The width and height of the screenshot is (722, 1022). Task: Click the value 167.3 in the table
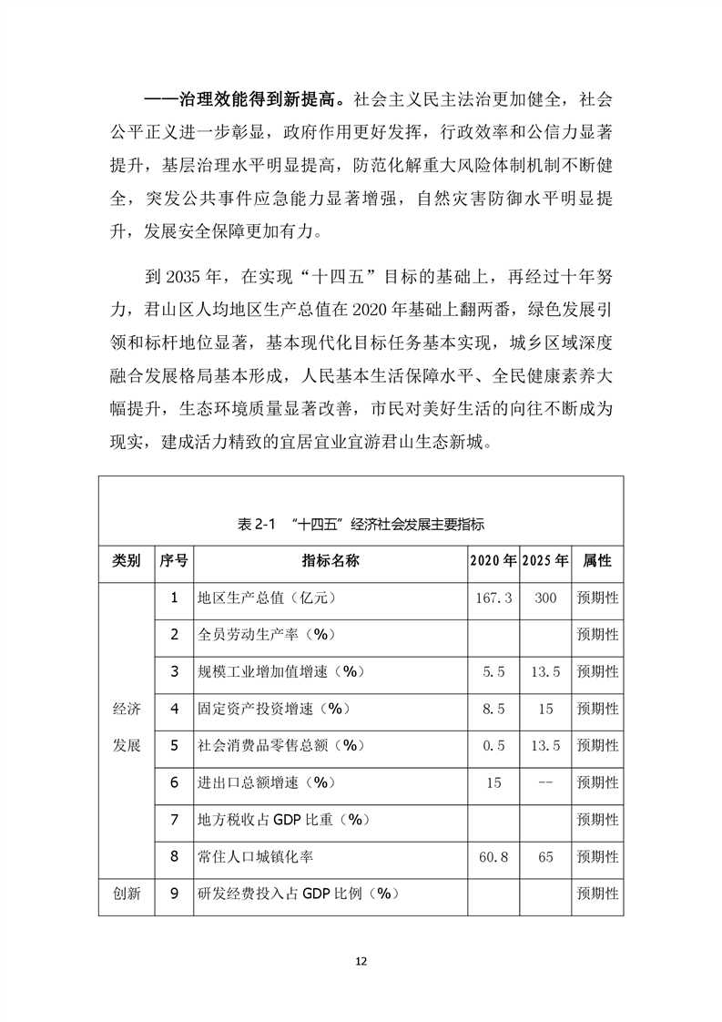493,598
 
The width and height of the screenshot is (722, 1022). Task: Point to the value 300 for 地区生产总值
545,598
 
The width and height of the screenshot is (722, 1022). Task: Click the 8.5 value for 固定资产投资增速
493,709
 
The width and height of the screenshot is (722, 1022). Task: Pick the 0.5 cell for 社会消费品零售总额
493,745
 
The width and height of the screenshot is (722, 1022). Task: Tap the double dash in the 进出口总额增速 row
545,782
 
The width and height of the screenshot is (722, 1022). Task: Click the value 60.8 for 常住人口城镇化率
493,856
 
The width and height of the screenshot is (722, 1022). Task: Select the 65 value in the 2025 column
545,856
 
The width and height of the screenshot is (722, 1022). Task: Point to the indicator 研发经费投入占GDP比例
300,894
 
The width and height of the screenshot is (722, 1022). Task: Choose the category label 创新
127,894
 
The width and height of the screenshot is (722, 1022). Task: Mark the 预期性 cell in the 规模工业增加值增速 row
597,671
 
